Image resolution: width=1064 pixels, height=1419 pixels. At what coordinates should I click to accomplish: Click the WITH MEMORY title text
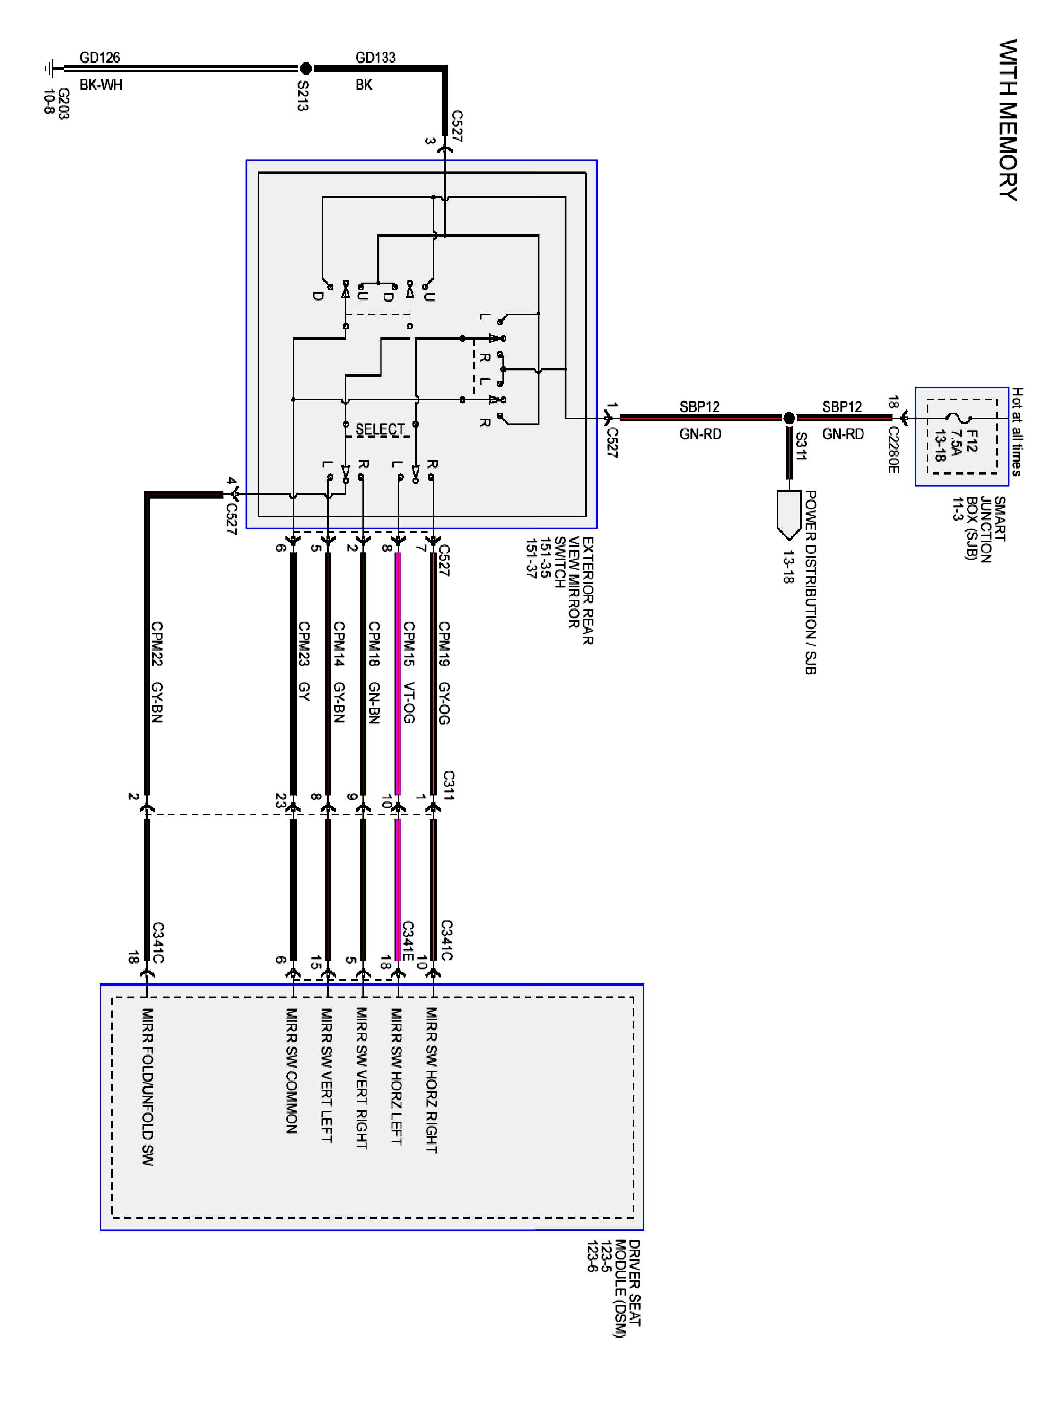click(1008, 120)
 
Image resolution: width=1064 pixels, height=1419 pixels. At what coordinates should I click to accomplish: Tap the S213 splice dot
click(306, 68)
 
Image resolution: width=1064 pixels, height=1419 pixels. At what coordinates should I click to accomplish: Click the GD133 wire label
click(375, 58)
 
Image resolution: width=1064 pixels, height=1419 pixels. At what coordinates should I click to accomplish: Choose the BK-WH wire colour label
click(101, 85)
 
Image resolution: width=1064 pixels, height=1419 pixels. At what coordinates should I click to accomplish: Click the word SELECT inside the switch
click(380, 429)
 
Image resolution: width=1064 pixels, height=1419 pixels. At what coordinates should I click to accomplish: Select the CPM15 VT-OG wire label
click(409, 672)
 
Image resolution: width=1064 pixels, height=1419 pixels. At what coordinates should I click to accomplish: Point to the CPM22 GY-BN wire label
click(157, 672)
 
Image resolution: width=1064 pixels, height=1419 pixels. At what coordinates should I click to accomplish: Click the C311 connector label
click(449, 785)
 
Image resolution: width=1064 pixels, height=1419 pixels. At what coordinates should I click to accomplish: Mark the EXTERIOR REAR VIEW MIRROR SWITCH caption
click(559, 590)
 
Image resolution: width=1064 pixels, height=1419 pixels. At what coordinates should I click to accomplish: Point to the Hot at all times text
click(1017, 431)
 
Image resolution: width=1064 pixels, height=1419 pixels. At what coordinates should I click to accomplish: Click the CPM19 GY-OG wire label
click(444, 672)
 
